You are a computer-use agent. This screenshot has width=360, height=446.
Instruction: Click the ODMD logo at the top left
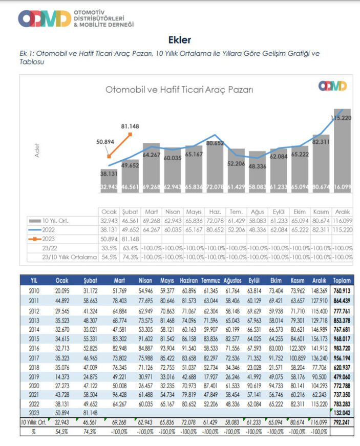[x=44, y=18]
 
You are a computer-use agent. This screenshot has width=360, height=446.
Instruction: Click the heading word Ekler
[x=179, y=40]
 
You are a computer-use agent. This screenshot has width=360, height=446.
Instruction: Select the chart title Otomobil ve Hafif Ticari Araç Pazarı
[x=179, y=90]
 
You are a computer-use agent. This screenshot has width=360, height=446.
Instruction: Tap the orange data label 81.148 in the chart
[x=130, y=126]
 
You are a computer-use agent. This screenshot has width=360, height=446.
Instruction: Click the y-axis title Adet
[x=37, y=150]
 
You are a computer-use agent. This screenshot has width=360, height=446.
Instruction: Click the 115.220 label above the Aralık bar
[x=340, y=118]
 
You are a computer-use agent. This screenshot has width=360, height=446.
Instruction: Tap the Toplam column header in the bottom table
[x=342, y=281]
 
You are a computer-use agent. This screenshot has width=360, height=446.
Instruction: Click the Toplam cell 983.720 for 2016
[x=342, y=347]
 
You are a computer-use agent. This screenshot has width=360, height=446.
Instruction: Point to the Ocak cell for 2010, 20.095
[x=62, y=291]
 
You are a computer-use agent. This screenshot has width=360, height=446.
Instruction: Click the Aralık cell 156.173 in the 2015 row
[x=319, y=338]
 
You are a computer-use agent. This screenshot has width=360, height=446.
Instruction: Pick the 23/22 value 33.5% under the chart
[x=109, y=248]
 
